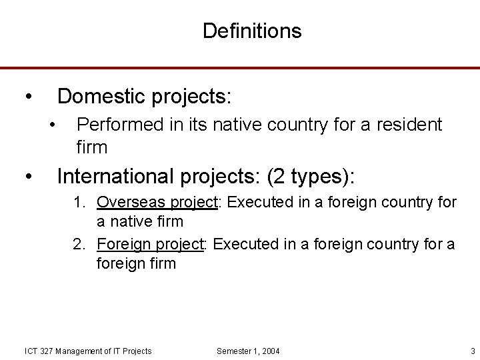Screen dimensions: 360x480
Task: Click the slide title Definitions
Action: (x=252, y=31)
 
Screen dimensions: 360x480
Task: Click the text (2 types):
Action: (x=311, y=177)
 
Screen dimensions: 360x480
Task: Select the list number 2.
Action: (x=79, y=245)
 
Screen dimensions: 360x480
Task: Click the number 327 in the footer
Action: (x=47, y=351)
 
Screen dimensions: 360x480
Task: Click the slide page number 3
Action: (x=472, y=351)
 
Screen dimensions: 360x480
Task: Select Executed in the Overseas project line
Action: (x=253, y=202)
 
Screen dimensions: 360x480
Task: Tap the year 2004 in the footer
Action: (x=271, y=351)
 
